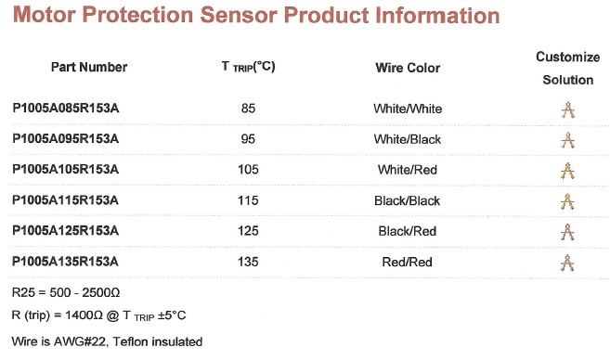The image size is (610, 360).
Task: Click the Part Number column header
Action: click(x=90, y=67)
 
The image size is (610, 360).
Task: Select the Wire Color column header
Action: click(x=408, y=68)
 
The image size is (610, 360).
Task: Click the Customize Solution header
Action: click(x=567, y=69)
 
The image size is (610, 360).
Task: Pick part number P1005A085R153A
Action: click(x=66, y=109)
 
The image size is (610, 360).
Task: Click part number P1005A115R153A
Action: click(x=66, y=200)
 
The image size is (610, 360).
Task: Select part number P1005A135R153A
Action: click(x=66, y=262)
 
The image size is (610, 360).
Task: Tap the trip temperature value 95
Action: click(x=248, y=140)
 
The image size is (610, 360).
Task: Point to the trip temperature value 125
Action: click(x=248, y=231)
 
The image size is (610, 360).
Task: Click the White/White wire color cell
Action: click(x=408, y=109)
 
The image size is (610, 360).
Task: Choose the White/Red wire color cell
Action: click(x=408, y=171)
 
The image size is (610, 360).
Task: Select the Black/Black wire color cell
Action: click(x=408, y=201)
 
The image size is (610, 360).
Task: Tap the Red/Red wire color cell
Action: click(x=408, y=263)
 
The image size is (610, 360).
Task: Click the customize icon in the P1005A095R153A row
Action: click(x=568, y=141)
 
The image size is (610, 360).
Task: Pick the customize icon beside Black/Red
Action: click(x=568, y=232)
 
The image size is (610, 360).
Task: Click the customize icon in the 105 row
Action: click(x=568, y=172)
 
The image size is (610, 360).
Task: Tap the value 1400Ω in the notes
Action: click(x=101, y=316)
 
